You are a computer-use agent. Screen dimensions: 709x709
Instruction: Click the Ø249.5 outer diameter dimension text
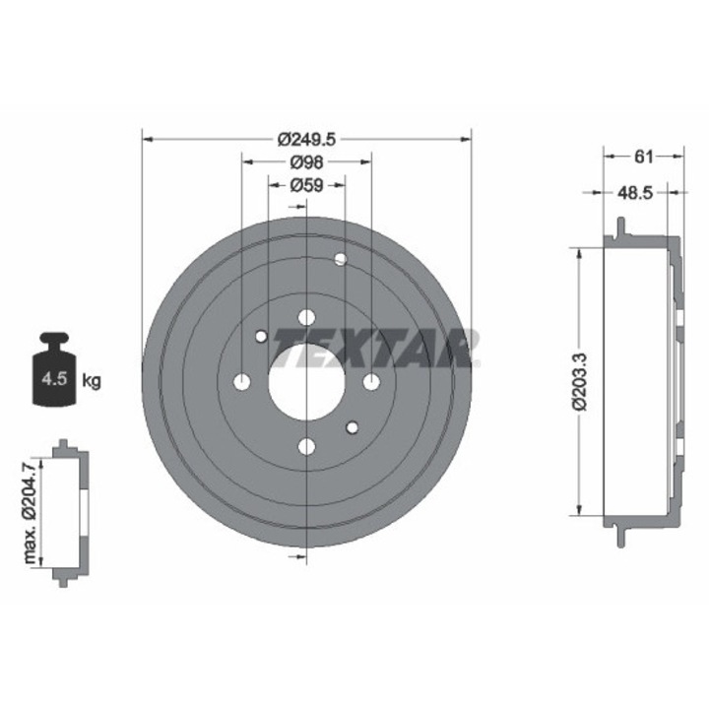[x=306, y=140]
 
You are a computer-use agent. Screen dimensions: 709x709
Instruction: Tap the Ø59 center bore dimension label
[x=306, y=184]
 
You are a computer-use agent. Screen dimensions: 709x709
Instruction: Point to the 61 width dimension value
[x=643, y=156]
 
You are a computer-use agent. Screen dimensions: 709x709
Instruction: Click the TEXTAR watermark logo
[x=374, y=349]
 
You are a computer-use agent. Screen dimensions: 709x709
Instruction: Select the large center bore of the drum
[x=305, y=381]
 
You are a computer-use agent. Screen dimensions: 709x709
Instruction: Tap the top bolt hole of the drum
[x=305, y=316]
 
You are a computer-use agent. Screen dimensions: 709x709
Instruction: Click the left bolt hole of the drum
[x=241, y=381]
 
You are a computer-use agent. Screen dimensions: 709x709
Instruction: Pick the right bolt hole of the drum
[x=371, y=381]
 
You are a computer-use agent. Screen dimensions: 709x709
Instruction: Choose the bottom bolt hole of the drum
[x=306, y=447]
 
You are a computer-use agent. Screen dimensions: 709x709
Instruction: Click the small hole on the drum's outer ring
[x=341, y=259]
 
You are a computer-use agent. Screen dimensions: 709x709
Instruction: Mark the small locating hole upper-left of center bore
[x=261, y=337]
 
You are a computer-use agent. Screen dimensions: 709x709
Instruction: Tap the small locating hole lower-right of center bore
[x=352, y=427]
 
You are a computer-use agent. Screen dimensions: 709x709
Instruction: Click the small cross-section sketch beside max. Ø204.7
[x=69, y=512]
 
